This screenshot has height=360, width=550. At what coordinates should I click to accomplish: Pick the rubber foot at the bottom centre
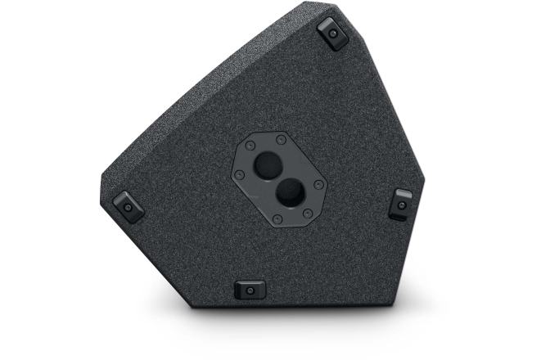[250, 289]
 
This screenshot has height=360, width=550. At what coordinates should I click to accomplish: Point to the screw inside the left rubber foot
[128, 206]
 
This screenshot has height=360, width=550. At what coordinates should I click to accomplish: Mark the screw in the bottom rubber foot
[250, 290]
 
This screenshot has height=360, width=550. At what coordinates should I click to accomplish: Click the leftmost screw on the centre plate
[239, 174]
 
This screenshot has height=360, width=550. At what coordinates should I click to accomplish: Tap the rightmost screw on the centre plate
[318, 185]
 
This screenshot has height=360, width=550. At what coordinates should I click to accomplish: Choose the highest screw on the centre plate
[281, 140]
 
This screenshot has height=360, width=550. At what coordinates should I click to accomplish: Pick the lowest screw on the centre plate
[277, 218]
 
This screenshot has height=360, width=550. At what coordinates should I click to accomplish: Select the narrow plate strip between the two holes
[277, 180]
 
